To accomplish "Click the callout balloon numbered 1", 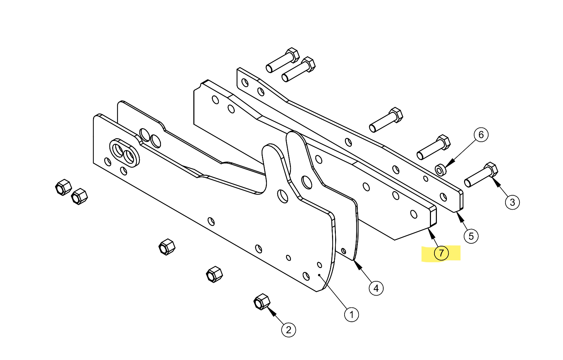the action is (x=352, y=315).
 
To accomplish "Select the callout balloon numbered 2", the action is (x=288, y=330).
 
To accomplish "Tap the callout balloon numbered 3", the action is (x=512, y=202).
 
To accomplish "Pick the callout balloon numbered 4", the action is (x=376, y=288).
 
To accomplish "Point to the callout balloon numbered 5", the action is (x=471, y=236).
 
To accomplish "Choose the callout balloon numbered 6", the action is (x=481, y=135).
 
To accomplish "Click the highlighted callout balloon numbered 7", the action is (x=441, y=253).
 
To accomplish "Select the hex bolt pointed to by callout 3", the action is (x=481, y=175).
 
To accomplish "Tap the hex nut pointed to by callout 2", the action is (x=262, y=302).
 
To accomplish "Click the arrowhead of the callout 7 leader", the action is (x=431, y=231).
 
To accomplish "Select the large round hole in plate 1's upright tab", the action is (x=283, y=196).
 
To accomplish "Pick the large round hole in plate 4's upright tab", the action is (x=307, y=182).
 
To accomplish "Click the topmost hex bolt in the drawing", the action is (x=283, y=60).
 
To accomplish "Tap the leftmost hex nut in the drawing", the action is (x=63, y=187).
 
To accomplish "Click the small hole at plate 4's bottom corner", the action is (x=344, y=251).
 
